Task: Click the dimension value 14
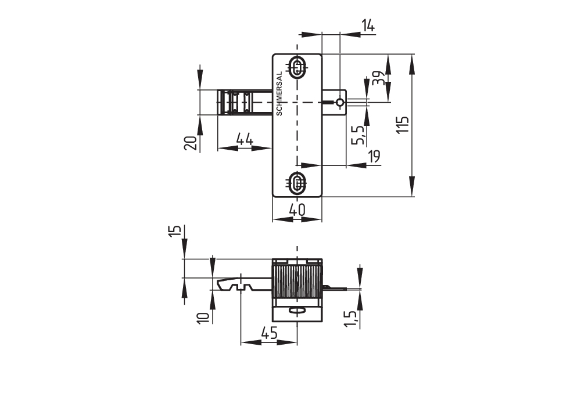point(368,25)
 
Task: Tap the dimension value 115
point(403,125)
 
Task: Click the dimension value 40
point(297,211)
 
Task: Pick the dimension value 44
point(245,139)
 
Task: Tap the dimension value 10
point(203,317)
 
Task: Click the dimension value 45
point(268,333)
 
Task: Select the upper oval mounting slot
point(298,67)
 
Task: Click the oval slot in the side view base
point(297,312)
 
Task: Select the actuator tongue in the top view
point(245,102)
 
